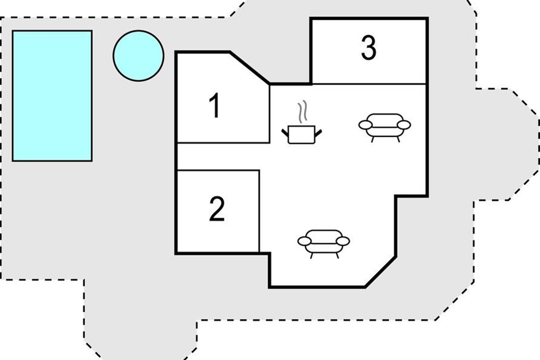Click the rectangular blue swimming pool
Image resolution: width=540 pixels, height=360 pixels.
tap(52, 96)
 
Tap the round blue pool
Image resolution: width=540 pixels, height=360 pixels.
tap(139, 56)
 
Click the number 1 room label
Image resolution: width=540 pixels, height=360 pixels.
tap(214, 106)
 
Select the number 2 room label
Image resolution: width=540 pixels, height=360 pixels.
tap(217, 209)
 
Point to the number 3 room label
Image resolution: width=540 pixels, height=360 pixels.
tap(369, 48)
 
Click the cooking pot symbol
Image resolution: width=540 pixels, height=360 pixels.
tap(301, 135)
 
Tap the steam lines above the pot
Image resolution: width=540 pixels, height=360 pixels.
tap(302, 112)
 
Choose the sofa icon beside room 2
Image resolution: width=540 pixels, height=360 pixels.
tap(324, 244)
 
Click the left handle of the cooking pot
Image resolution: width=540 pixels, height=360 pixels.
tap(285, 133)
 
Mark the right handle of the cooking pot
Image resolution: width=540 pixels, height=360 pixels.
tap(318, 133)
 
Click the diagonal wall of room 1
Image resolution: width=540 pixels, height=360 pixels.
tap(249, 68)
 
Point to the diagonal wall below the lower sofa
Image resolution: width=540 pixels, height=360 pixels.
tap(381, 272)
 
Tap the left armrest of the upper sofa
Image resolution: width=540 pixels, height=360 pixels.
tap(365, 125)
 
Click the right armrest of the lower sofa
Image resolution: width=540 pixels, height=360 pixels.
tap(343, 241)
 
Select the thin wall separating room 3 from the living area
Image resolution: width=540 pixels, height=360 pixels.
tap(369, 84)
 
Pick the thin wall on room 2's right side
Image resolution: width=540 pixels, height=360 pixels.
tap(259, 211)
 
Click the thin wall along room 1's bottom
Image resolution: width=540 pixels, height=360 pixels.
tap(223, 143)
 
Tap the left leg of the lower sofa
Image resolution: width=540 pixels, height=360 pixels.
tap(311, 256)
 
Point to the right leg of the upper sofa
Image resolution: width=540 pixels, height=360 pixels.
tap(398, 139)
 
